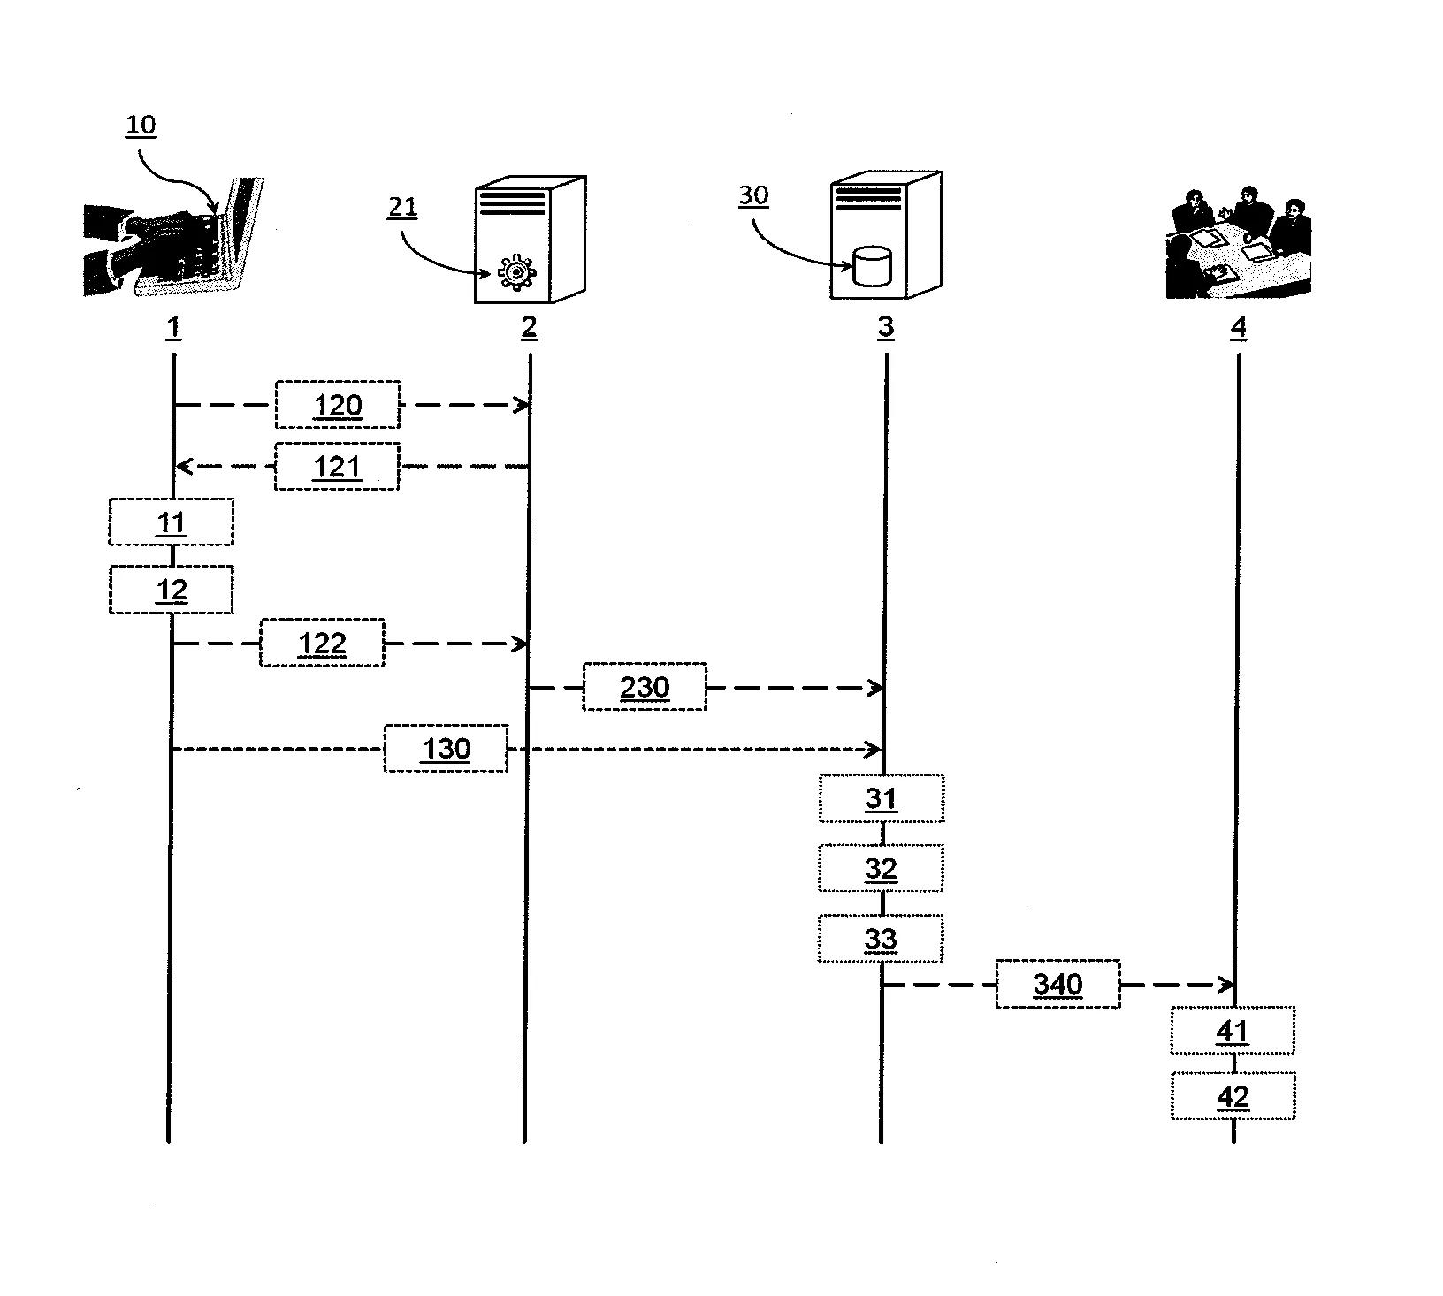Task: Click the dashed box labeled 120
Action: [337, 405]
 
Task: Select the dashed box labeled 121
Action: [337, 466]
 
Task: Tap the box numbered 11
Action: [171, 522]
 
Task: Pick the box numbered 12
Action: [171, 590]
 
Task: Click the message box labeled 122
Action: [322, 643]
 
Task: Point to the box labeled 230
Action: [644, 687]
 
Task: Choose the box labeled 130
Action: [446, 749]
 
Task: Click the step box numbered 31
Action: [881, 798]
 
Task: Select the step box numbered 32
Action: [881, 868]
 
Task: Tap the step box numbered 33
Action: [880, 938]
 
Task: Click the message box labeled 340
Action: [1057, 984]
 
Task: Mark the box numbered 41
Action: [1233, 1030]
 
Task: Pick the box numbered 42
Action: [1233, 1096]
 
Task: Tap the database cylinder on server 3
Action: [871, 267]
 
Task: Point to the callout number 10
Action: [141, 125]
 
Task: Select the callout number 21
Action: [402, 207]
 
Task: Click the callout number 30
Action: [753, 194]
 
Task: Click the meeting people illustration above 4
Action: [1238, 243]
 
